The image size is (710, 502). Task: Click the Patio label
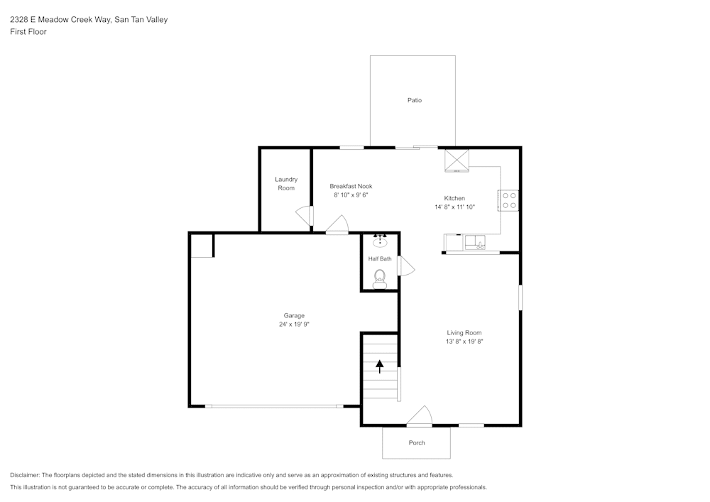pos(415,100)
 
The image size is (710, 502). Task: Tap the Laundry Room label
pos(286,183)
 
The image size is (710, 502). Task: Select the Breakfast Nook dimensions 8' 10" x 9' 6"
pos(351,195)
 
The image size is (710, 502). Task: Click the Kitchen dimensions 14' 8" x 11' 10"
pos(454,207)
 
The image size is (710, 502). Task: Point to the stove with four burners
pos(508,200)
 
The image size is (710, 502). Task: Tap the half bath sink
pos(380,241)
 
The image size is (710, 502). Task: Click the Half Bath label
pos(380,259)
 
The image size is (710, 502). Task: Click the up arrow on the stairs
pos(380,366)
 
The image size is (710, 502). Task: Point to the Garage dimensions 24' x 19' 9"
pos(294,324)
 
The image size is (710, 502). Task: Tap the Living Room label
pos(464,332)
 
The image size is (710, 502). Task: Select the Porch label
pos(417,443)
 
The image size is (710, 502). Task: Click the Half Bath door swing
pos(406,266)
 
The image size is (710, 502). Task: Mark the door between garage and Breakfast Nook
pos(337,227)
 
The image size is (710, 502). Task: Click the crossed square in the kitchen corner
pos(457,160)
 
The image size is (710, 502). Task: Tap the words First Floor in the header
pos(28,32)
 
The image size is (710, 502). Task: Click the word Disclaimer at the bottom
pos(25,475)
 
